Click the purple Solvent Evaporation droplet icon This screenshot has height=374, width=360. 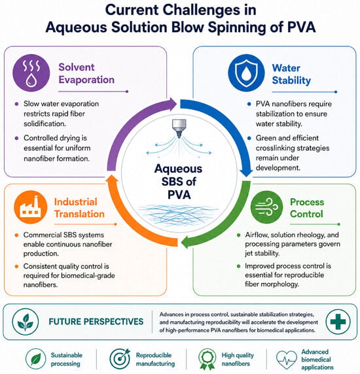click(x=31, y=73)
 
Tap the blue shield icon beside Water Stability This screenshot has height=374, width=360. click(x=246, y=73)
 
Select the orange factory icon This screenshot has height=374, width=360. click(x=31, y=207)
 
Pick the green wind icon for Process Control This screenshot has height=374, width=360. click(x=266, y=207)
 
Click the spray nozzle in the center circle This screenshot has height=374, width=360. click(x=179, y=128)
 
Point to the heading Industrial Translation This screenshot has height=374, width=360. click(x=79, y=208)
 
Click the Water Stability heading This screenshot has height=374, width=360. click(x=291, y=74)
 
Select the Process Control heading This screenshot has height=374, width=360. click(x=307, y=208)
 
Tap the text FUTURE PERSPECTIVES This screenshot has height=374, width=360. click(x=96, y=322)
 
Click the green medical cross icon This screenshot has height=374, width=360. click(x=338, y=322)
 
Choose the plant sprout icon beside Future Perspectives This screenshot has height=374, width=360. click(x=26, y=322)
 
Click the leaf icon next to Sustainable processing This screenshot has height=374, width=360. click(x=35, y=359)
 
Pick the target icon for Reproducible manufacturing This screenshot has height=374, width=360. click(x=120, y=358)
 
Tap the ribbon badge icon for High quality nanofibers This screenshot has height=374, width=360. click(x=207, y=359)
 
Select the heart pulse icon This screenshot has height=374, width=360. click(x=286, y=360)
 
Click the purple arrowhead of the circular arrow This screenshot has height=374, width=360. click(x=171, y=104)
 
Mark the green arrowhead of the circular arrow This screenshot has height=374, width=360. click(x=186, y=242)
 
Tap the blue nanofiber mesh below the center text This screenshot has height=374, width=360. click(x=178, y=215)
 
